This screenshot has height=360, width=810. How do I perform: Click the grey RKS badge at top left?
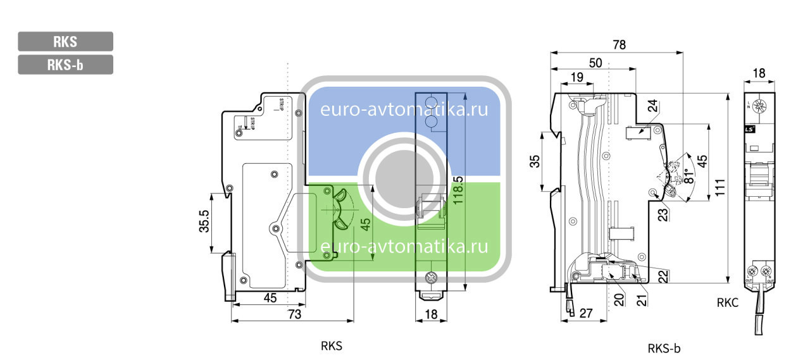(x=65, y=42)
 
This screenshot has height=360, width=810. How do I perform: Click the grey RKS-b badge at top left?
(x=65, y=65)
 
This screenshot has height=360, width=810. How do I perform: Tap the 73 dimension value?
(x=294, y=314)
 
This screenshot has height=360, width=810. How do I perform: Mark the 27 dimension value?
(x=585, y=313)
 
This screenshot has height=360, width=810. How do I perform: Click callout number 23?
(x=663, y=214)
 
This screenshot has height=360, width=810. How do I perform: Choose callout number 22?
(x=663, y=276)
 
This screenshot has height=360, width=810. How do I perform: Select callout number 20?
(x=618, y=298)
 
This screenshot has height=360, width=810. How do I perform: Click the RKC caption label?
(x=728, y=303)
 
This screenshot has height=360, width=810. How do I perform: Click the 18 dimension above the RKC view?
(x=757, y=73)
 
